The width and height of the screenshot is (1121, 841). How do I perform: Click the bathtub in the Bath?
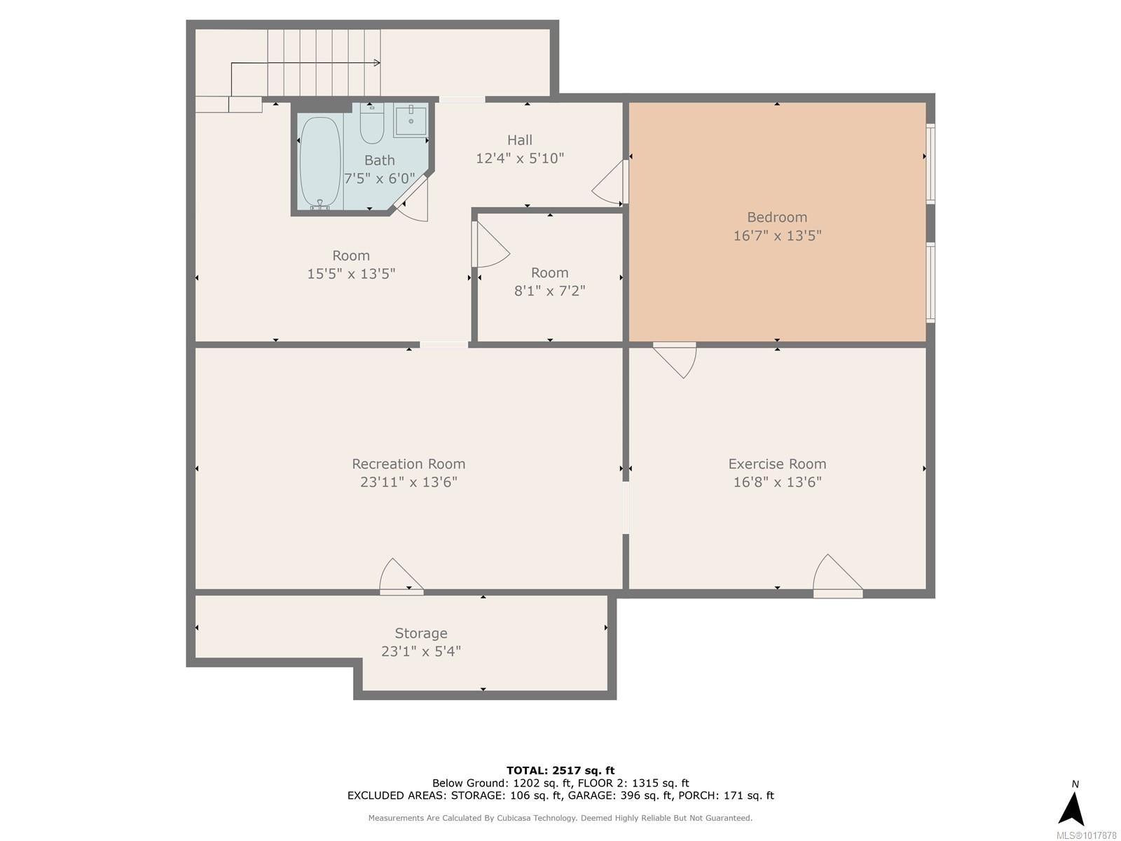coord(320,163)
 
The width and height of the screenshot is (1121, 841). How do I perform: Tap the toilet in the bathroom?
coord(372,123)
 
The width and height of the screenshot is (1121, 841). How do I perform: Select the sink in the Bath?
coord(410,121)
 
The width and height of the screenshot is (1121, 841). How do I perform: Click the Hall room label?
coord(519,140)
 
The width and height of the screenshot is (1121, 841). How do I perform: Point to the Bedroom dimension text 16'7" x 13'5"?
coord(777,235)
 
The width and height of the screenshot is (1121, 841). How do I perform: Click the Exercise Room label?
coord(777,464)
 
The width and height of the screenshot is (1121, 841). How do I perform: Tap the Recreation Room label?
coord(408,464)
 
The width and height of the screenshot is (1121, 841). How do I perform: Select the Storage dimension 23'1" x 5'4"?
coord(421,651)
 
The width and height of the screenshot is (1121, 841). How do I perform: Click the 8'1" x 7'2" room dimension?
coord(549,291)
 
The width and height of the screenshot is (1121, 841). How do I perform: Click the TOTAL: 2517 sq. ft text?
coord(560,770)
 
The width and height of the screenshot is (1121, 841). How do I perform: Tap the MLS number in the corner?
coord(1086,835)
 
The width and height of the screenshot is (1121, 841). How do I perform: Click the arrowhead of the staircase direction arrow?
coord(377,63)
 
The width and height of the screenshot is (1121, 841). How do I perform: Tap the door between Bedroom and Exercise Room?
coord(675,360)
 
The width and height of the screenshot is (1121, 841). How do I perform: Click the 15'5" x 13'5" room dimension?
coord(351,274)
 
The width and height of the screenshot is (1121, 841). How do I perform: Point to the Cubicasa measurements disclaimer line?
coord(560,817)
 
